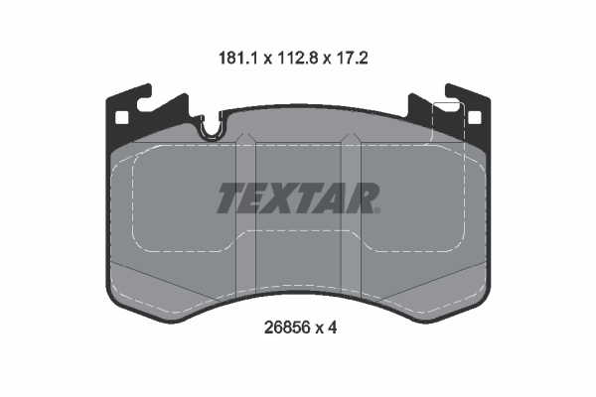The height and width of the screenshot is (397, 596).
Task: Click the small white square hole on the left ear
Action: point(123,118)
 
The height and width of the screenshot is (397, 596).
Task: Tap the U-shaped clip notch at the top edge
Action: point(212,125)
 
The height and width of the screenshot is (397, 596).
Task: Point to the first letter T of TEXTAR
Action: point(230,198)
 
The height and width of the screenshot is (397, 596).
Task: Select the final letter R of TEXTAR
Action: point(366,198)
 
